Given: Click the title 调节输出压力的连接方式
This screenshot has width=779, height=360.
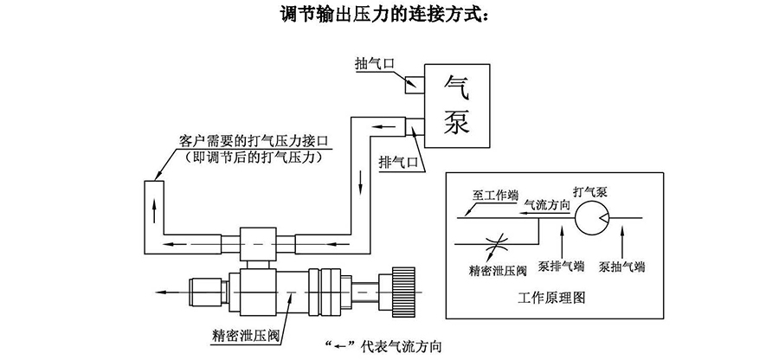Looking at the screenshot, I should point(389,15).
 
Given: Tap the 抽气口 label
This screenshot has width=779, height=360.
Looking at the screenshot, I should point(374,63).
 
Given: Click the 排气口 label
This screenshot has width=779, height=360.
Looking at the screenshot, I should point(398,162).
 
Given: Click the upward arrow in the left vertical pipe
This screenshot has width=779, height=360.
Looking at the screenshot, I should point(155,205).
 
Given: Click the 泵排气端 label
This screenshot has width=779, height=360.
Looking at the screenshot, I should point(560,267).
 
